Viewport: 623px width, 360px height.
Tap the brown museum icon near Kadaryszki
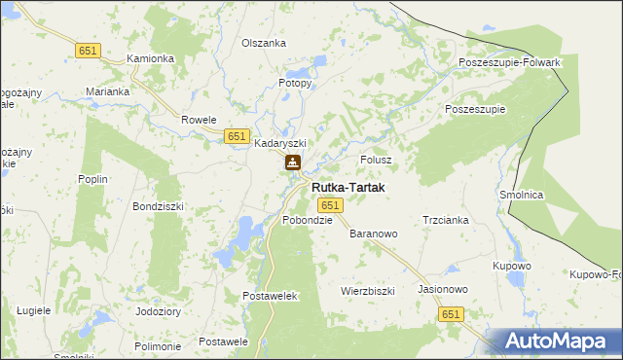click(x=292, y=162)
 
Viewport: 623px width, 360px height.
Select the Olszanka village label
click(x=263, y=43)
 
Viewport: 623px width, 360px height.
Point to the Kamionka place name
click(x=151, y=58)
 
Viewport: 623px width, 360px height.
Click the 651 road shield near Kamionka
click(x=88, y=50)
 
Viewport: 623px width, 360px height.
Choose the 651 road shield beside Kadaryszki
click(x=237, y=137)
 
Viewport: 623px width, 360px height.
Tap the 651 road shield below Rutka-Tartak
click(x=330, y=204)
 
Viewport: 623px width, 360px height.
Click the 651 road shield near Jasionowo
click(x=451, y=314)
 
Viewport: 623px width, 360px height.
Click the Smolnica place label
click(x=521, y=195)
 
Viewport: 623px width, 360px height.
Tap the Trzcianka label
click(x=446, y=220)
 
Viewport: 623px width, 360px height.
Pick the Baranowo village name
click(x=374, y=234)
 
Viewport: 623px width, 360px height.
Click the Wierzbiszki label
click(x=367, y=291)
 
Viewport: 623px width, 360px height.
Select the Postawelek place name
click(x=271, y=295)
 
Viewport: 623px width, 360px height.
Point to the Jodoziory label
click(x=159, y=312)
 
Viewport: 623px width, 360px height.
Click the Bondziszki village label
click(x=158, y=207)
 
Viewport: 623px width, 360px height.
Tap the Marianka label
click(x=107, y=91)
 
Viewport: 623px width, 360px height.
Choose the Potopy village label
click(x=295, y=83)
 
